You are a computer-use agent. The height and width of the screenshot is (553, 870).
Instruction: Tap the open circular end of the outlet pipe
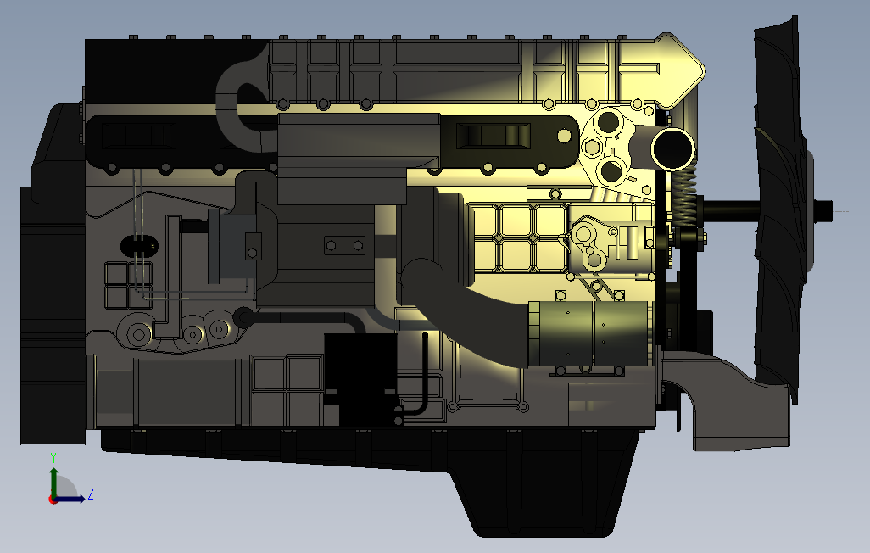[673, 149]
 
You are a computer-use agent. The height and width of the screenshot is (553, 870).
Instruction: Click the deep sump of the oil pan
[543, 492]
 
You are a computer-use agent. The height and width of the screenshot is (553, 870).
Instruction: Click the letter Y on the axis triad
[53, 456]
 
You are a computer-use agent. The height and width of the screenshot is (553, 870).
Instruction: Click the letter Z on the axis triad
[91, 494]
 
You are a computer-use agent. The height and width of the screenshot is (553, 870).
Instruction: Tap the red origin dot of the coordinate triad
[53, 500]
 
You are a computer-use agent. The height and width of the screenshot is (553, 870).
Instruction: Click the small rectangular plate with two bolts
[346, 246]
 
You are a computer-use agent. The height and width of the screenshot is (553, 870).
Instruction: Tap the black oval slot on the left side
[139, 245]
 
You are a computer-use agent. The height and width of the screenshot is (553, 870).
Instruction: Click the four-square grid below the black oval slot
[128, 285]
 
